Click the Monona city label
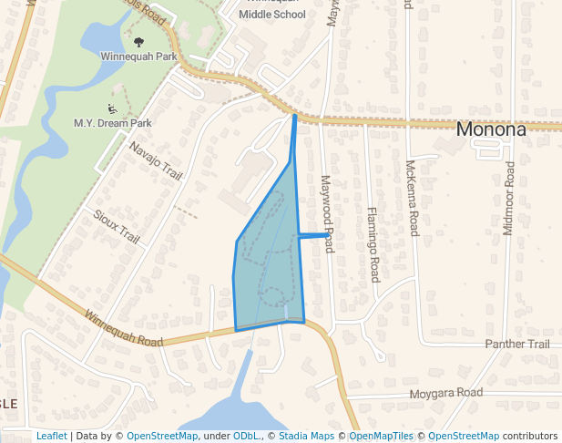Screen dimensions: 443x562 (491, 129)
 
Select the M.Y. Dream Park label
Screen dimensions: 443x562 (113, 122)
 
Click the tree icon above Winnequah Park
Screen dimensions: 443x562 (138, 42)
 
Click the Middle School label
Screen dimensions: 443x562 (272, 15)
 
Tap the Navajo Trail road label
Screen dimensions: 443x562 (156, 161)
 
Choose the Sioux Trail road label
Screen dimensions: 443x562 (117, 226)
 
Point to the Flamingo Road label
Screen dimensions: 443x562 (373, 244)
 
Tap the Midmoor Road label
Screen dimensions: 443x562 (509, 199)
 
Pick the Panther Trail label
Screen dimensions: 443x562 (517, 345)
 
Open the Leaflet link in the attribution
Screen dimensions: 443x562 (51, 437)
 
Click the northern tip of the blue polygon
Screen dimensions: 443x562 (294, 116)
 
